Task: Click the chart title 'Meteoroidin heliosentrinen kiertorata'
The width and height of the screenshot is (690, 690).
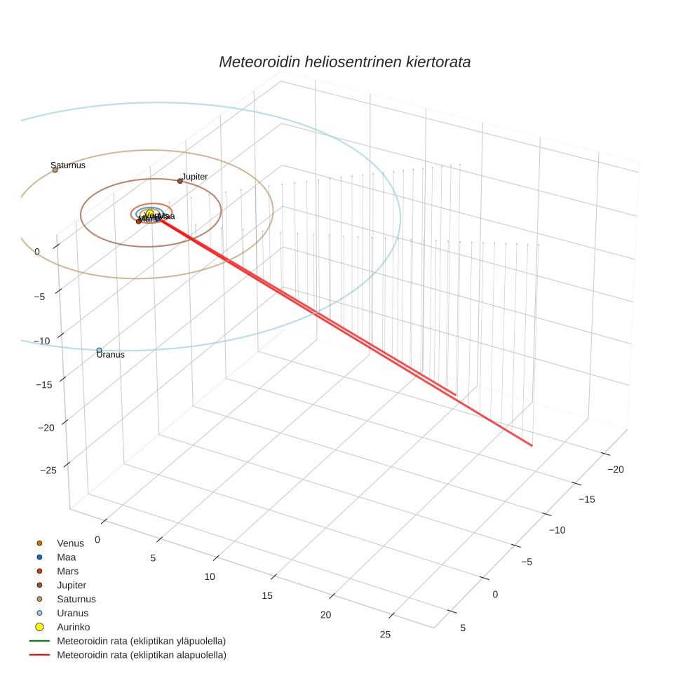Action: (x=344, y=62)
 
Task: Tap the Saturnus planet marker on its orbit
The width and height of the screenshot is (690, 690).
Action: (x=55, y=170)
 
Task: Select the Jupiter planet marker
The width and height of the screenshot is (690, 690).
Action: (x=180, y=181)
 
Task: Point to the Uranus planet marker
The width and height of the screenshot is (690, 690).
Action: (x=99, y=350)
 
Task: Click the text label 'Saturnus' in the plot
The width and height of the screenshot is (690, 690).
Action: (x=68, y=165)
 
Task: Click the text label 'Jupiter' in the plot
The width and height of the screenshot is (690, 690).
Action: (x=195, y=177)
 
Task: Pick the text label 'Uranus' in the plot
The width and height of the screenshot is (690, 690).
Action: (x=111, y=355)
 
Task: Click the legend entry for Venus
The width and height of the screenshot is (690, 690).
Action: (x=70, y=543)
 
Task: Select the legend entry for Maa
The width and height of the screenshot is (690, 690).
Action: (x=66, y=557)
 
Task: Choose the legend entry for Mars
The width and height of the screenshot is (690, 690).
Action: (x=67, y=571)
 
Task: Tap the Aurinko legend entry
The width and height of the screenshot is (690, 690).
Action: (x=73, y=627)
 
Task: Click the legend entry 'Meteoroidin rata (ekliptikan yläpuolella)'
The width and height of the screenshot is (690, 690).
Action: (x=141, y=641)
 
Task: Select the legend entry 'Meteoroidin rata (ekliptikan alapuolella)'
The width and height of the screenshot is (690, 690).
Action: (x=141, y=655)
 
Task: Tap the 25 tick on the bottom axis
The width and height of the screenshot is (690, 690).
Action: (x=385, y=635)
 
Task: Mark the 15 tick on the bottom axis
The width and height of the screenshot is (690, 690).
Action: (x=266, y=595)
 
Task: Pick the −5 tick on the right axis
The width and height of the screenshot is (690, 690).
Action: (x=526, y=562)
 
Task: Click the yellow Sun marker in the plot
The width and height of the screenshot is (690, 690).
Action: (x=149, y=214)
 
